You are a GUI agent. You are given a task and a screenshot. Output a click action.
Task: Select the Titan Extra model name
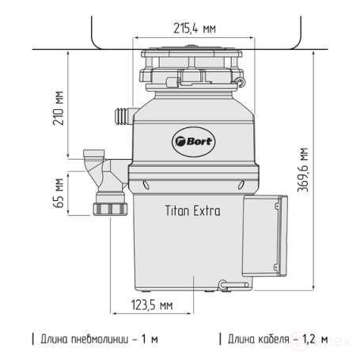(192, 211)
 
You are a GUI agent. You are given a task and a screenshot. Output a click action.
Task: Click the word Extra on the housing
(206, 211)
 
